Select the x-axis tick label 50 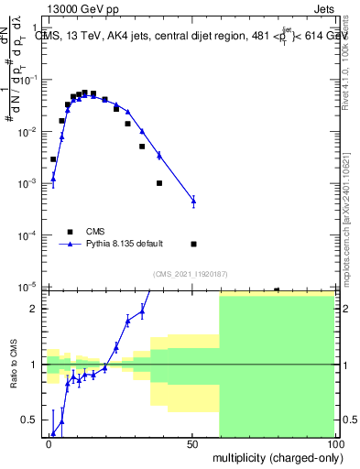[191, 443]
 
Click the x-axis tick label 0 [49, 443]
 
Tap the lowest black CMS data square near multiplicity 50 [193, 244]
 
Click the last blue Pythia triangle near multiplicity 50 [193, 200]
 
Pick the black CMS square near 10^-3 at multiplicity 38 [159, 183]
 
